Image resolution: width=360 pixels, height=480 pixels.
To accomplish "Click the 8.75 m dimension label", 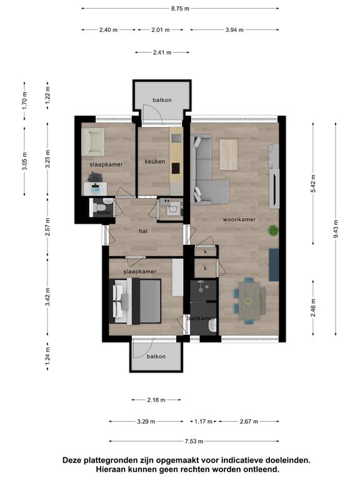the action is [180, 9].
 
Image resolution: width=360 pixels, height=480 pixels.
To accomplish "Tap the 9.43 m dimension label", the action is [336, 229].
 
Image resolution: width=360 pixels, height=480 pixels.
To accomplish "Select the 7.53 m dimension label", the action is [194, 441].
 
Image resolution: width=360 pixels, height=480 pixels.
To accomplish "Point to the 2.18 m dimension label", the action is [156, 400].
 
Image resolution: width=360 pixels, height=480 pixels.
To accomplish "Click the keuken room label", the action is [155, 161].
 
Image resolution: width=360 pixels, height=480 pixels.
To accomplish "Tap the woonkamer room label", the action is [239, 219].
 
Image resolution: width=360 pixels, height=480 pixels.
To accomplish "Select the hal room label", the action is [143, 231].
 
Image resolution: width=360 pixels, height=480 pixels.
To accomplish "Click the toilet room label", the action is [105, 212].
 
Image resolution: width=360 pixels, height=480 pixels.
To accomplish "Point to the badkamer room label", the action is [201, 318].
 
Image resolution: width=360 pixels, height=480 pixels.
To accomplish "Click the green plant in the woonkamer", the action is [273, 230].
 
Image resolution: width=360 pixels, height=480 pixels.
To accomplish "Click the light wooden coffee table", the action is [229, 154].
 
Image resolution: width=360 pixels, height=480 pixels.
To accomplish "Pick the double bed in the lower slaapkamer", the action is [135, 301].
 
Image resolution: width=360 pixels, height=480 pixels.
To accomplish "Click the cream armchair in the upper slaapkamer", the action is [93, 142].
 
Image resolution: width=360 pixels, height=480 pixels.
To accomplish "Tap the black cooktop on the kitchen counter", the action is [176, 168].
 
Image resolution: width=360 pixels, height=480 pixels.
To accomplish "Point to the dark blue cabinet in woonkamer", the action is [274, 265].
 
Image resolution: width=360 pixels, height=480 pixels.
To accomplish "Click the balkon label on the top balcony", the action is [162, 100].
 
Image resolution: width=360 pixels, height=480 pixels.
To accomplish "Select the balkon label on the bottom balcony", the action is [156, 357].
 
